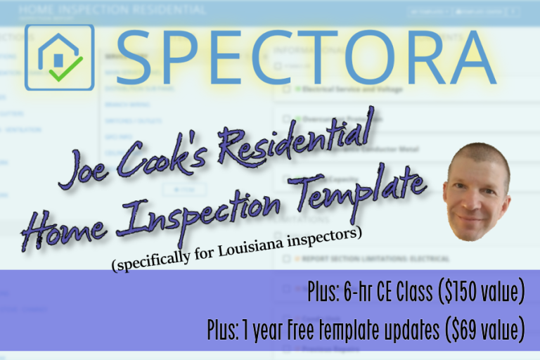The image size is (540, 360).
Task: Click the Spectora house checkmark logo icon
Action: pyautogui.click(x=59, y=58)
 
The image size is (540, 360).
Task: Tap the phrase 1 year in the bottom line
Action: pyautogui.click(x=269, y=328)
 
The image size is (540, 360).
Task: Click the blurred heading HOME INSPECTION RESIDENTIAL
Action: pyautogui.click(x=112, y=10)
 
